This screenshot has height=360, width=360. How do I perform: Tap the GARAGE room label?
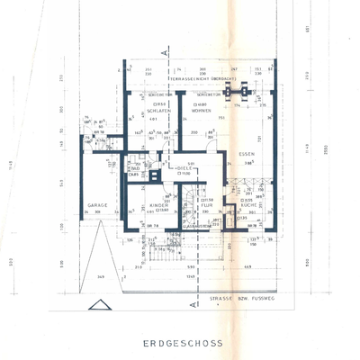coord(97,205)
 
